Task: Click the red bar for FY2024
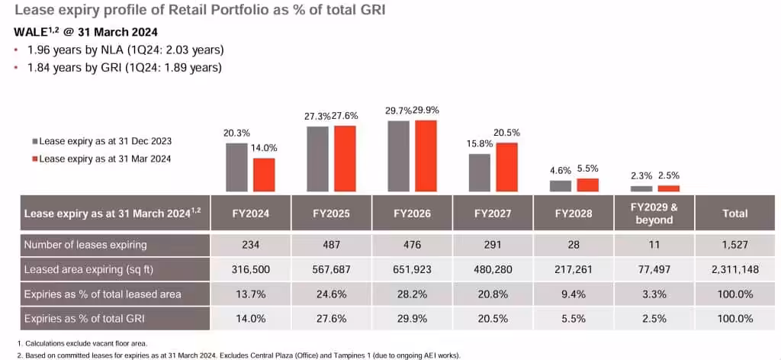[x=264, y=175]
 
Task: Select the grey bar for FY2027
[x=479, y=172]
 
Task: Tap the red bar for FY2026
[x=426, y=156]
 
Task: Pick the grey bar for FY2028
[x=560, y=185]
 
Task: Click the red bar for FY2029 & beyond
[x=668, y=188]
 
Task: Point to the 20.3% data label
[x=236, y=133]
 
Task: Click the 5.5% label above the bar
[x=587, y=168]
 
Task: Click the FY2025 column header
[x=332, y=214]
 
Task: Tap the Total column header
[x=734, y=214]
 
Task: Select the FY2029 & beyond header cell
[x=654, y=214]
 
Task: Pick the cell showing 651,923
[x=413, y=269]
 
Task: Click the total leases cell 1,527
[x=734, y=246]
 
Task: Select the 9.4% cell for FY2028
[x=574, y=294]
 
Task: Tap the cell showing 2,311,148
[x=734, y=269]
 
